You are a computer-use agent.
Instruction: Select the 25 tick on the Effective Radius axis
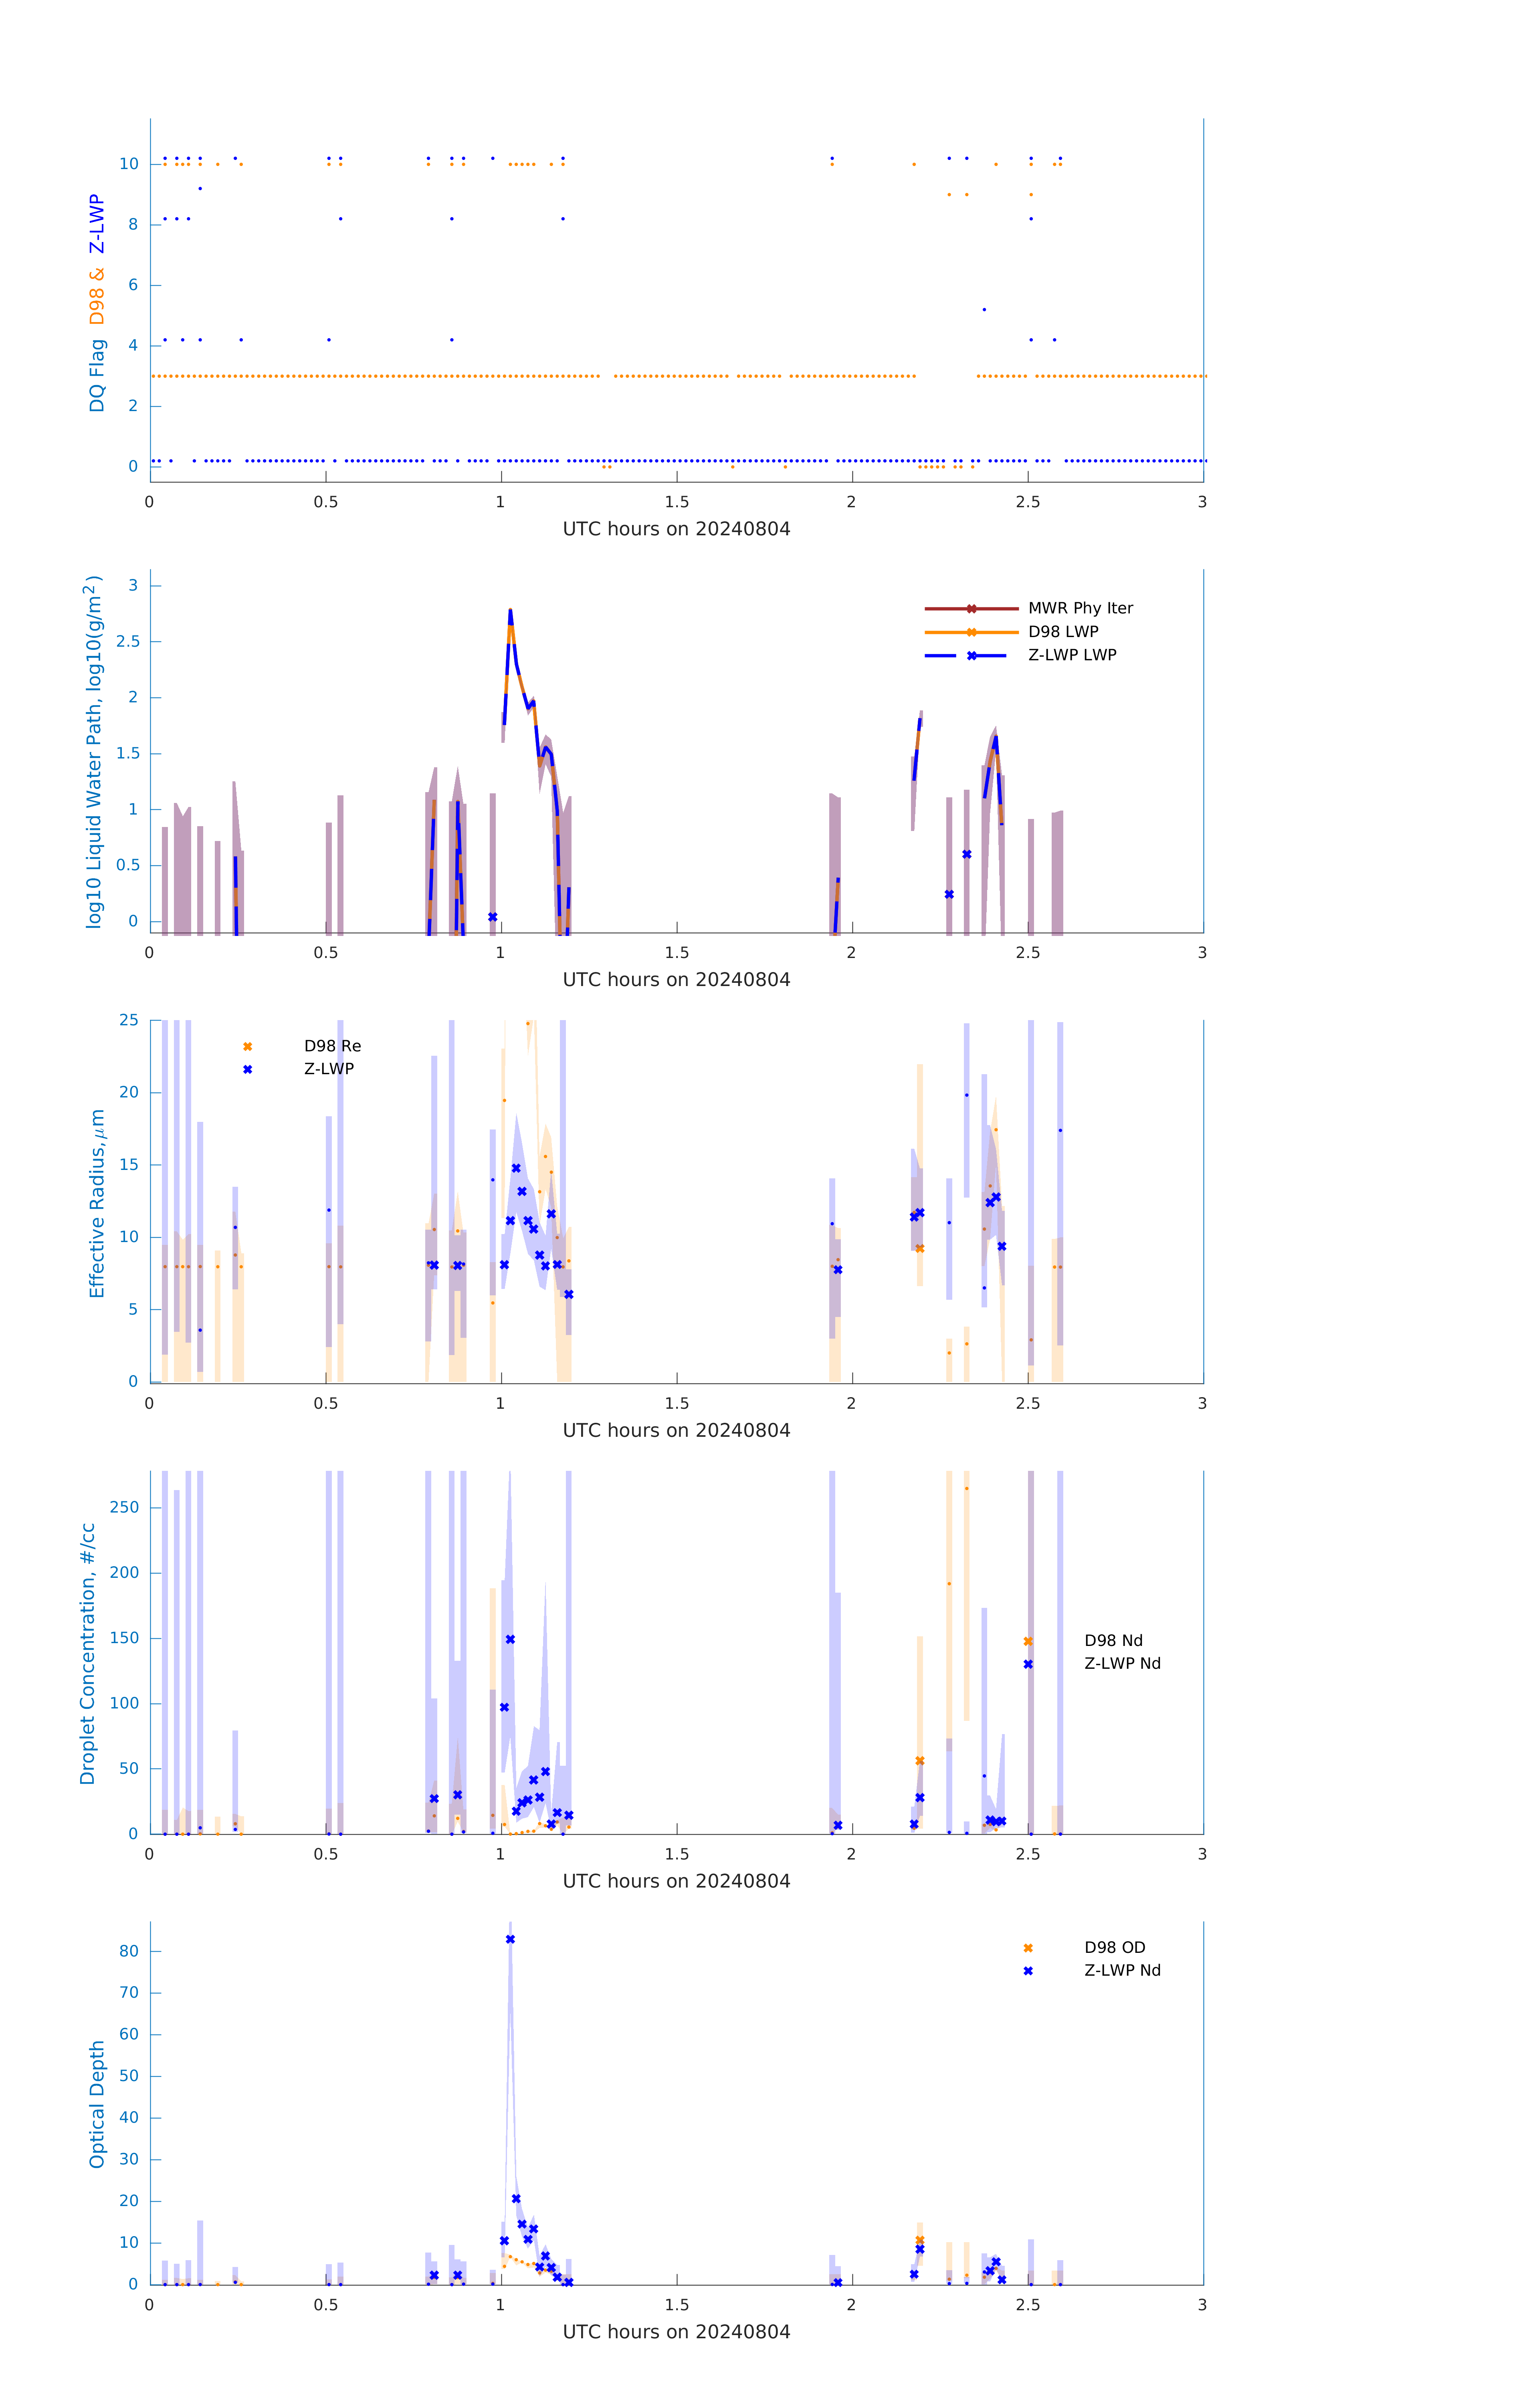(129, 1020)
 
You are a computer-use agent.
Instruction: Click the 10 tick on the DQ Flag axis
(129, 164)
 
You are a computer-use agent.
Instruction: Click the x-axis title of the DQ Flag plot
(676, 529)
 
